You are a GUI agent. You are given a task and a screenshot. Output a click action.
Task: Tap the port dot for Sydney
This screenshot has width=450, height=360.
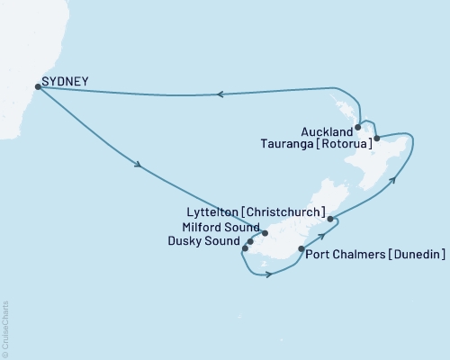[x=37, y=87]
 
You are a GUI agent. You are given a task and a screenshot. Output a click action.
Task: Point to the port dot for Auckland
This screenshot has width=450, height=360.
[x=358, y=128]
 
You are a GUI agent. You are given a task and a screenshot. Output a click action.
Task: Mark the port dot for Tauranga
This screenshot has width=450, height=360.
[x=376, y=139]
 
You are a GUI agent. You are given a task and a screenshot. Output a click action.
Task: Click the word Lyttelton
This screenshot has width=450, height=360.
[x=216, y=212]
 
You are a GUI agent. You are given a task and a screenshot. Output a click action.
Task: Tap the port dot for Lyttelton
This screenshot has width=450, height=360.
[x=331, y=219]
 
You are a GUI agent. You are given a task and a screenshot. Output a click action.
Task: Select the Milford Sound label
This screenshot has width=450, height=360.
[x=220, y=227]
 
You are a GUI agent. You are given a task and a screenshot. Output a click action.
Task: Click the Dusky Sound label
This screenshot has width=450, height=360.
[x=211, y=241]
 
